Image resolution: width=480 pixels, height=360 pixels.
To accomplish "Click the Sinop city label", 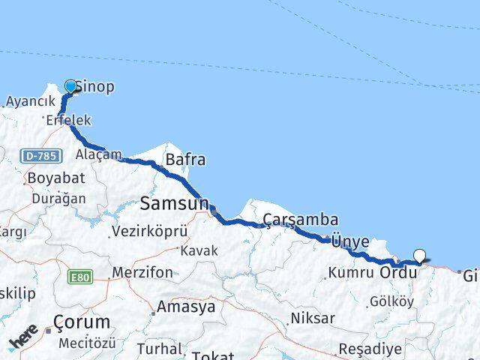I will [95, 87].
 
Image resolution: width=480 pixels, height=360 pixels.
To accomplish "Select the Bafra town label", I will [185, 160].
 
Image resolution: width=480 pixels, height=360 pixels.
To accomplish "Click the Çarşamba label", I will [300, 220].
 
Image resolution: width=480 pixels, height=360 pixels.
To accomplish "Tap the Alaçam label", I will [98, 154].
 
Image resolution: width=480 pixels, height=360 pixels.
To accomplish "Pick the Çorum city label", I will [82, 322].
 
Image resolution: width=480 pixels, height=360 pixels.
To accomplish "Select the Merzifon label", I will [142, 272].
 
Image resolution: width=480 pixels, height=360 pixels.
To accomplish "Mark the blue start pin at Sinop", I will [71, 86].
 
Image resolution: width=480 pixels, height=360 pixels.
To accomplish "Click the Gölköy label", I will [387, 301].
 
